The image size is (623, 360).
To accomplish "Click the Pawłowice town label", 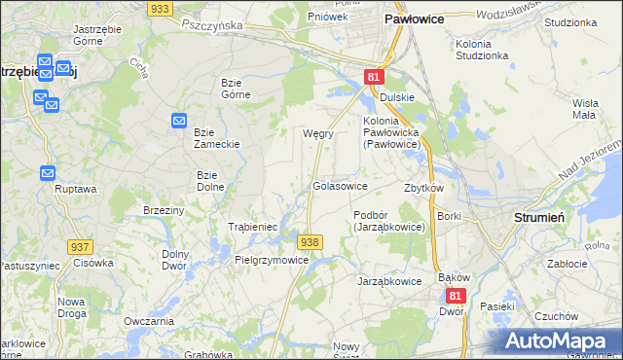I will click(415, 18).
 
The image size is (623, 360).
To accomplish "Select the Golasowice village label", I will click(340, 185).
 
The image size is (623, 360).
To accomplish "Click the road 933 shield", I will click(160, 8).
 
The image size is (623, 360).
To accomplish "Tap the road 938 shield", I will click(310, 241).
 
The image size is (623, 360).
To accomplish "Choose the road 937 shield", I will click(81, 249).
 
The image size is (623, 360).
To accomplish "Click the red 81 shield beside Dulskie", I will click(375, 76).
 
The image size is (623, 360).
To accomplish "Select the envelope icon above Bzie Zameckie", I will click(178, 120).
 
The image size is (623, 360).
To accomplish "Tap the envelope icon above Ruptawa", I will click(49, 172).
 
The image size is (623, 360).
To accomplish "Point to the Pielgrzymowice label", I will click(272, 261).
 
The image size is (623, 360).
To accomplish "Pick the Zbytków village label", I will click(423, 188).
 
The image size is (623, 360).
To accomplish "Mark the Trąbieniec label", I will click(253, 227).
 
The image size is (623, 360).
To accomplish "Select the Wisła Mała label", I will click(584, 108).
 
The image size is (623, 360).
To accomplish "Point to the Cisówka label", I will click(93, 262).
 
